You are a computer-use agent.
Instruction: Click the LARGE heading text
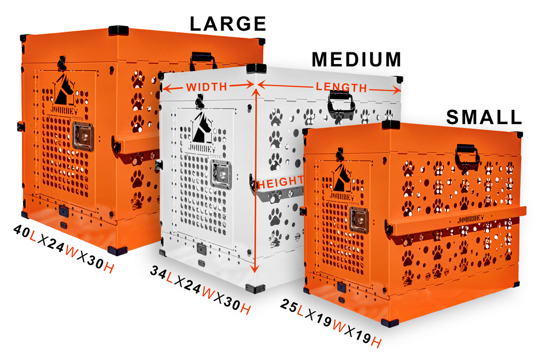pos(227,24)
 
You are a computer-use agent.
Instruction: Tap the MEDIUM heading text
pos(356,60)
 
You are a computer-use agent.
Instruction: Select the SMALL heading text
pos(484,116)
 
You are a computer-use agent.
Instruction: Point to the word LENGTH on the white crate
pos(342,87)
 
